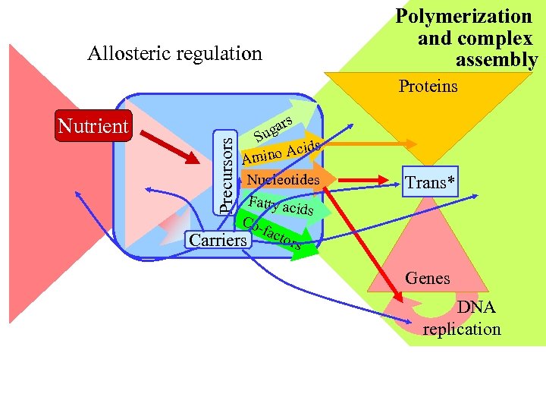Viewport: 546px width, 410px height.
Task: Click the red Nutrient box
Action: (x=93, y=126)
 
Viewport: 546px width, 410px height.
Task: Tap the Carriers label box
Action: (x=218, y=240)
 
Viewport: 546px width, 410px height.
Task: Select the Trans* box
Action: (x=430, y=183)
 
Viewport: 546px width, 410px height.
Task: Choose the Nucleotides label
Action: (x=283, y=180)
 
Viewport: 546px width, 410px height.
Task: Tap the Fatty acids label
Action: (x=281, y=205)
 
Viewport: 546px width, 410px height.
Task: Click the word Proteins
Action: (x=428, y=86)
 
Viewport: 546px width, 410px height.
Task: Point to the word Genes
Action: (x=427, y=278)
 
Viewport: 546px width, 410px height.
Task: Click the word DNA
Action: (x=475, y=307)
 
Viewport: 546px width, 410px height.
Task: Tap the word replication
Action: (x=462, y=329)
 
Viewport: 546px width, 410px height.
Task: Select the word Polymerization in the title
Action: (x=464, y=16)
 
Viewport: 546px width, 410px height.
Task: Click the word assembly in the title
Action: (x=497, y=60)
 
